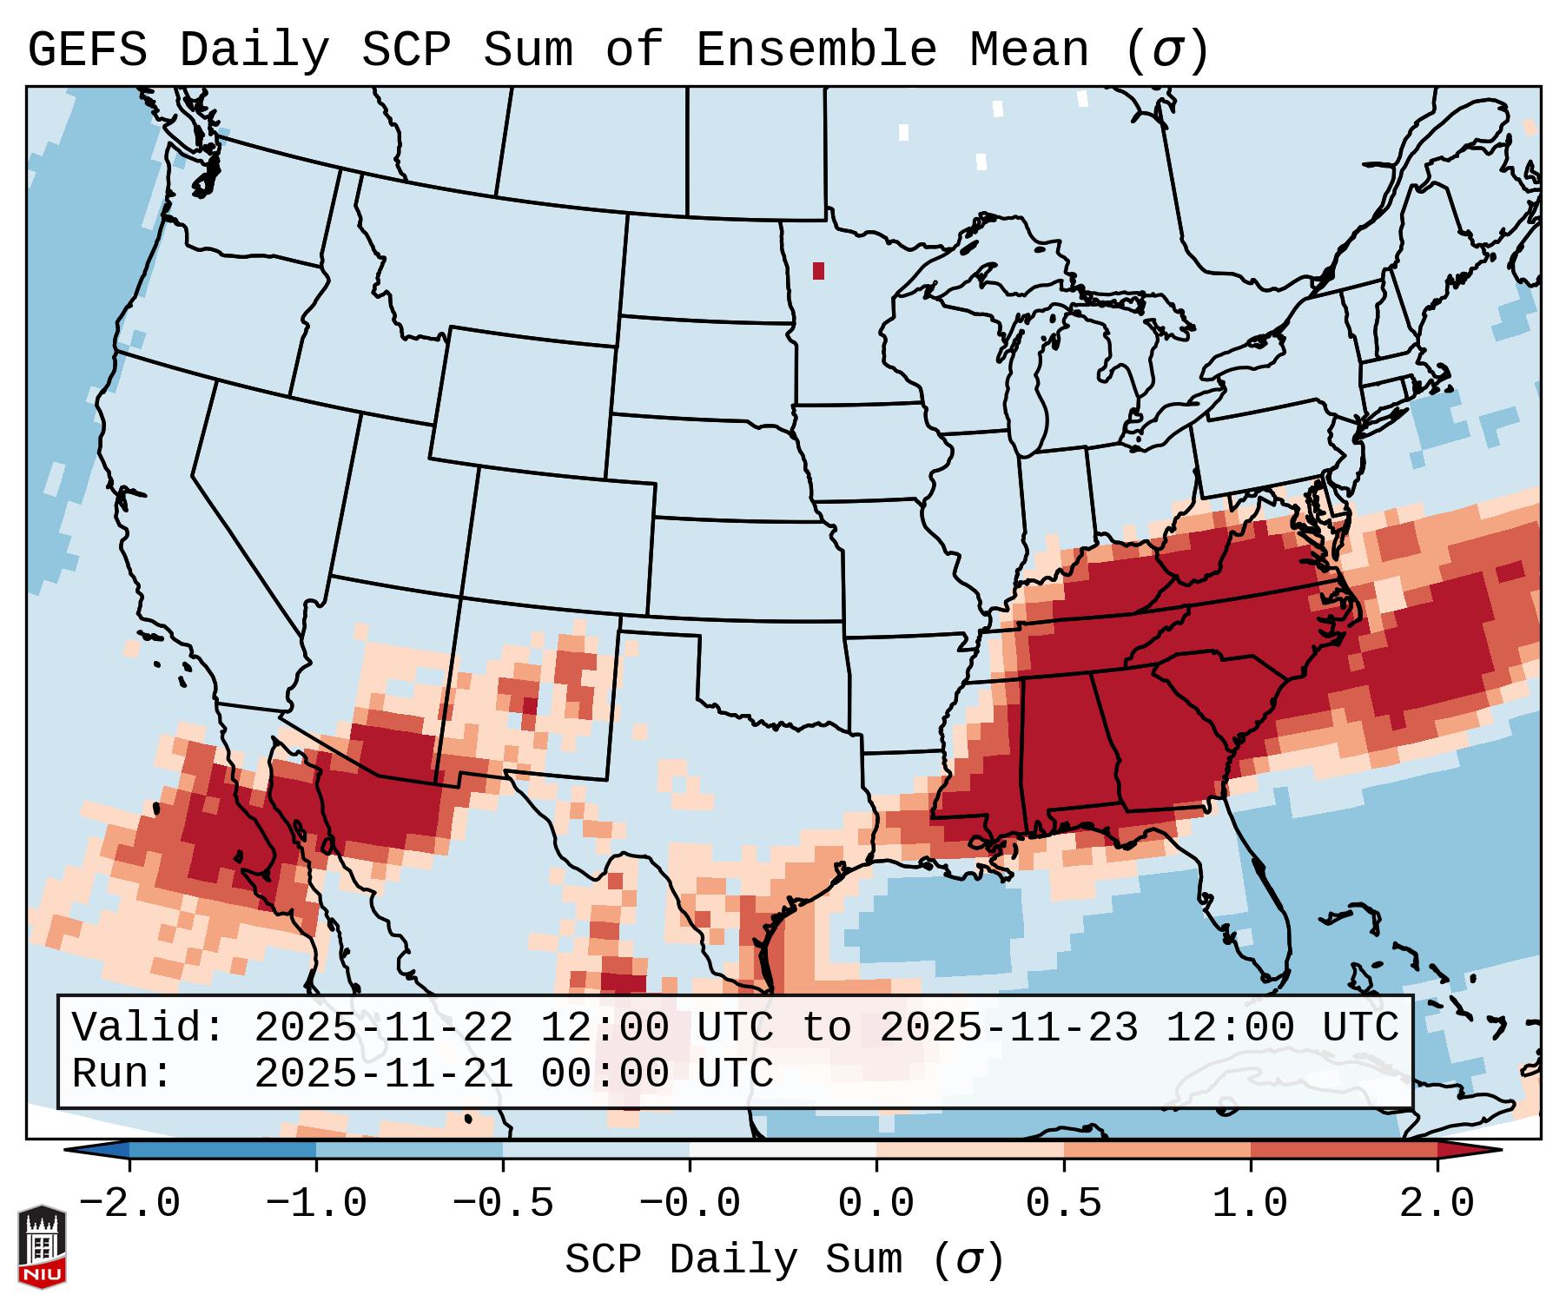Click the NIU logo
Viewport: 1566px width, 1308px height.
tap(42, 1245)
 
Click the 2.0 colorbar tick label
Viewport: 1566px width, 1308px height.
tap(1437, 1204)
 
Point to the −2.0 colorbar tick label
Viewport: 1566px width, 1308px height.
tap(129, 1204)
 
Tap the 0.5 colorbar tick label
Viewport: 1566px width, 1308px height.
tap(1063, 1204)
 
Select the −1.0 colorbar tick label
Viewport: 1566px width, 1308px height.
tap(316, 1204)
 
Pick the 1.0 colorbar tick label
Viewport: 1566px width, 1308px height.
tap(1250, 1204)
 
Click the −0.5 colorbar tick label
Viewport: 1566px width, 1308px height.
tap(503, 1204)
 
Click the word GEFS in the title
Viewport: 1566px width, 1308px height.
tap(87, 50)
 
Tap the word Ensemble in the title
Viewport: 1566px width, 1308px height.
tap(816, 50)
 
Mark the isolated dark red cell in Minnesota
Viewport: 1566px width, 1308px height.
tap(818, 271)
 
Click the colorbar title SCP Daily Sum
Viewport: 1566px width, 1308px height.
tap(734, 1260)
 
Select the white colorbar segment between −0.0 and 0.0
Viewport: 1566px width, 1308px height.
tap(783, 1150)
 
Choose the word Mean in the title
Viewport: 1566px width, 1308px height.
tap(1029, 50)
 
